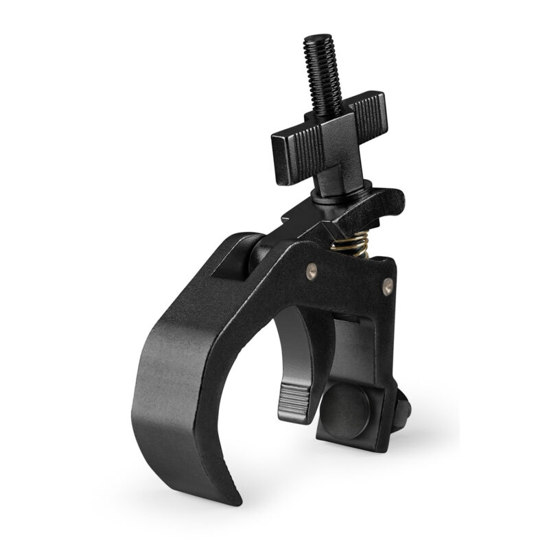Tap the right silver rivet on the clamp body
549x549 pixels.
click(x=388, y=283)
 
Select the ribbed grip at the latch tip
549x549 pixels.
click(x=293, y=399)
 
